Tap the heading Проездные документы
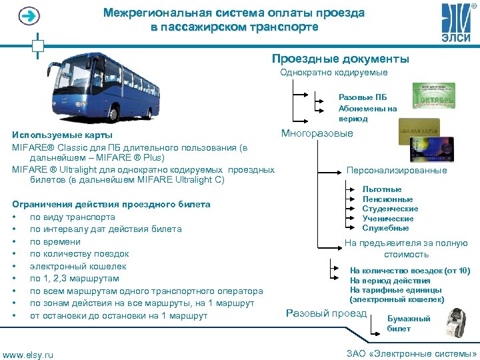pos(341,59)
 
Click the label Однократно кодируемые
pos(334,72)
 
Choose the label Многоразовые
pos(317,134)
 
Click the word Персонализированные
pos(397,171)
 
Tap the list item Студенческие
pos(390,209)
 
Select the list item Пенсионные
pos(387,199)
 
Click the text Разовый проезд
pos(326,313)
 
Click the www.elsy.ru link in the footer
pos(28,353)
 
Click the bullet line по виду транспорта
pos(72,217)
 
